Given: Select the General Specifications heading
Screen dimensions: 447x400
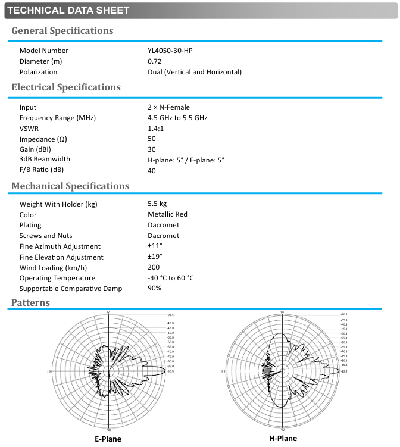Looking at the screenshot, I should (x=62, y=30).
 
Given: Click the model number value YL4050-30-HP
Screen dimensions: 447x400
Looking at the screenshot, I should (x=170, y=51).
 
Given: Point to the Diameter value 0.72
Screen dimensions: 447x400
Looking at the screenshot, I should (x=155, y=61).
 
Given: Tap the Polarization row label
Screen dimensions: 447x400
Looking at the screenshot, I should (x=39, y=72).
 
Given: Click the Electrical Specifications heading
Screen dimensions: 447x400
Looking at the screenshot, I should (x=66, y=87).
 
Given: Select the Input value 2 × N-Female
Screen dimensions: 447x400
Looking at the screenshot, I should (x=168, y=107).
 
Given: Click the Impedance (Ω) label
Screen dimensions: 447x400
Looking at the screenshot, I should (x=43, y=139).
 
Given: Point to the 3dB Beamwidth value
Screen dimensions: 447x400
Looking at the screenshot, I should (x=186, y=160).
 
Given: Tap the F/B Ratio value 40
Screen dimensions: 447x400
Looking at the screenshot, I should (x=152, y=170).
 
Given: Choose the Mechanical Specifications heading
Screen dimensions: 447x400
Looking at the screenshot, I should (x=70, y=186).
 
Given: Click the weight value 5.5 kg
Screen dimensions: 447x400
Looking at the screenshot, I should (x=157, y=204).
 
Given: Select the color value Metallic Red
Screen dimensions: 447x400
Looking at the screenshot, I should (x=167, y=215).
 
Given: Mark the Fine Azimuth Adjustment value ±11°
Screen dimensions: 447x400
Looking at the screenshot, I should (x=155, y=246).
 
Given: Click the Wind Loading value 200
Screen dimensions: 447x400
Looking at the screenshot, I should (x=154, y=267).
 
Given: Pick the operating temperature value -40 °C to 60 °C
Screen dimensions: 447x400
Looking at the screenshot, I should (x=171, y=278).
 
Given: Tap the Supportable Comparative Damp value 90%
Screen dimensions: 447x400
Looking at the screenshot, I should (x=155, y=289).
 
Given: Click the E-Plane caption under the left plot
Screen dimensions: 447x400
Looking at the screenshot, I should (x=108, y=439).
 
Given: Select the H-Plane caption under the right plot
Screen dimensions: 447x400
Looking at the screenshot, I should (x=283, y=439).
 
